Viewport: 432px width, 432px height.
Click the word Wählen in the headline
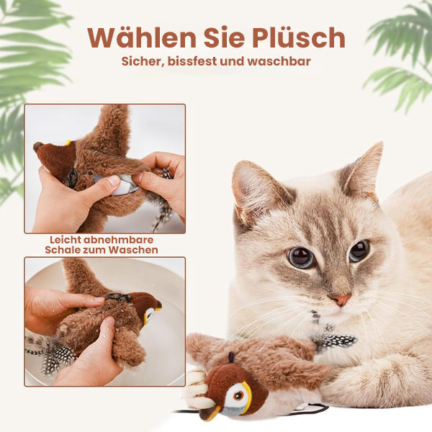(142, 37)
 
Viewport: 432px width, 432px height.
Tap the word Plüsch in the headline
(299, 37)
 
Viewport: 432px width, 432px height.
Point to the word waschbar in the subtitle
(279, 61)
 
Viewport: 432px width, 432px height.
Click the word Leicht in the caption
(65, 240)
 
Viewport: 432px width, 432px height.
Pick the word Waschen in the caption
(133, 250)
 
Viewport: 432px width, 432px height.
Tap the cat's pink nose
(341, 299)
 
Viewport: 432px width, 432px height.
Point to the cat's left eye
(301, 257)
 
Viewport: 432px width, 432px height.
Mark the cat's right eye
(359, 251)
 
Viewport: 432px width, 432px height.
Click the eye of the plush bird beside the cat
(238, 395)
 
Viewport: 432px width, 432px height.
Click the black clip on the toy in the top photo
(72, 179)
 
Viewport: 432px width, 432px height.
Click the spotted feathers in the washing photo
(53, 356)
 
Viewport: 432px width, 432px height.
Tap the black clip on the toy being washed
(119, 297)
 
